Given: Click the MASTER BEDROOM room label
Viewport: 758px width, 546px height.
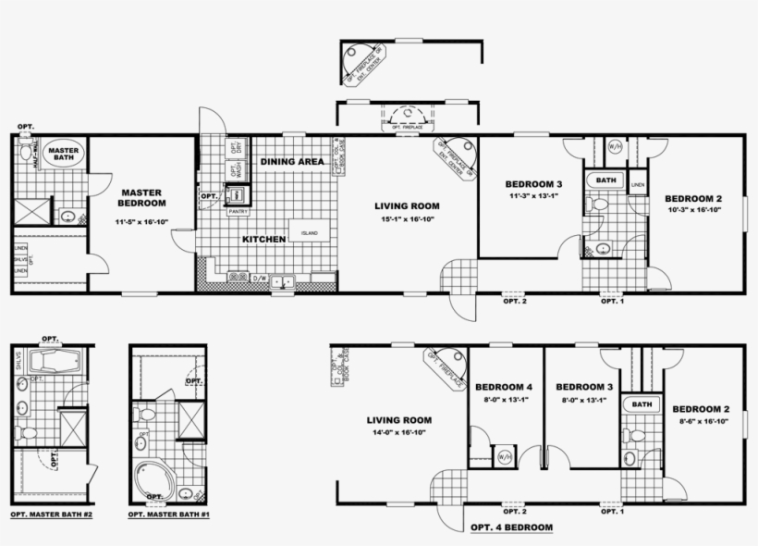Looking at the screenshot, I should (x=141, y=197).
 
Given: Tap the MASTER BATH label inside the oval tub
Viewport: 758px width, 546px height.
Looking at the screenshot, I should (x=64, y=155).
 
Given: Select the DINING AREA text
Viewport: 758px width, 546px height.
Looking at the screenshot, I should (x=291, y=162).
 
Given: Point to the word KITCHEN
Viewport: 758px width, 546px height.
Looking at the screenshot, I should (x=264, y=239).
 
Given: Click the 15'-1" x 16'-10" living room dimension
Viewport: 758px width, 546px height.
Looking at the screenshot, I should (x=407, y=219).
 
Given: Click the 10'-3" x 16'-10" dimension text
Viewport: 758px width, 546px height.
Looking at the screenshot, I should (x=693, y=211).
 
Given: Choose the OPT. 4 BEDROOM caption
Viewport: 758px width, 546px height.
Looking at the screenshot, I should (x=511, y=527).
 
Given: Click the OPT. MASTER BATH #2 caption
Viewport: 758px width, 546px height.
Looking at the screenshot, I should (x=52, y=515).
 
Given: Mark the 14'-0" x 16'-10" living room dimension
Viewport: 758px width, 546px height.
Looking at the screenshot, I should (x=399, y=432).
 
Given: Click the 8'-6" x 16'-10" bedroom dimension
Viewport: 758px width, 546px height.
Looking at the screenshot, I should (x=701, y=422).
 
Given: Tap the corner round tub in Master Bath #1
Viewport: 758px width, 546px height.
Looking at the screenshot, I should (x=153, y=478).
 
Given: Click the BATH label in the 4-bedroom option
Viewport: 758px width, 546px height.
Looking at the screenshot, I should (x=641, y=404).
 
